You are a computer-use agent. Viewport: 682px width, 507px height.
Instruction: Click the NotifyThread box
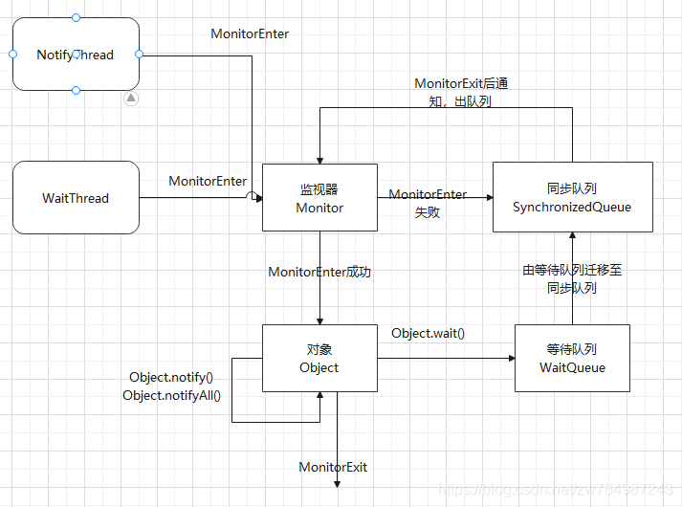(x=76, y=55)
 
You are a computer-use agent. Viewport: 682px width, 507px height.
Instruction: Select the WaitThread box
(x=76, y=198)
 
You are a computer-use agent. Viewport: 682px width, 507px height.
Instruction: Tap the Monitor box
(x=319, y=198)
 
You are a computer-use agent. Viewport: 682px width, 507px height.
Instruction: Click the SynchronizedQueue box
(x=572, y=198)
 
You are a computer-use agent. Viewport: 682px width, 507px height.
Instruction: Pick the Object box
(x=319, y=359)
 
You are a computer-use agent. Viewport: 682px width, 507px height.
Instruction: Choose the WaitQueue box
(x=572, y=359)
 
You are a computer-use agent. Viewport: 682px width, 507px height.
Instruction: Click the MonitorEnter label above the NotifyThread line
(x=250, y=33)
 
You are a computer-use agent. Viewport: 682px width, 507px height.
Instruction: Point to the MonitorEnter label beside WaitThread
(x=208, y=181)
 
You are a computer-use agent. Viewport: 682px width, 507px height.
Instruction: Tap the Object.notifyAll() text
(x=172, y=394)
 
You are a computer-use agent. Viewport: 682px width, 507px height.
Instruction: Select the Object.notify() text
(x=172, y=377)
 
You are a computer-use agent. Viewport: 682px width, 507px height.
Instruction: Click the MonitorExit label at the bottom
(x=333, y=467)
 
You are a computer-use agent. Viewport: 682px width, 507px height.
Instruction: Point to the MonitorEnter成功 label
(x=319, y=272)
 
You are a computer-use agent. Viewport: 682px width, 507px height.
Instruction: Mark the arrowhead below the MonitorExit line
(x=338, y=484)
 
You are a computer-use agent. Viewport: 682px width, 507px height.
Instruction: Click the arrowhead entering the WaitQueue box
(x=509, y=359)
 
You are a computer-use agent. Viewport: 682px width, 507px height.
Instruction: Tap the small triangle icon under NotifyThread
(x=132, y=99)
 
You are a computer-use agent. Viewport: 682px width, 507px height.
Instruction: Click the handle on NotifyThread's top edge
(x=77, y=18)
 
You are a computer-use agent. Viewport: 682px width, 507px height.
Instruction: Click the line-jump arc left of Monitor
(x=253, y=198)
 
